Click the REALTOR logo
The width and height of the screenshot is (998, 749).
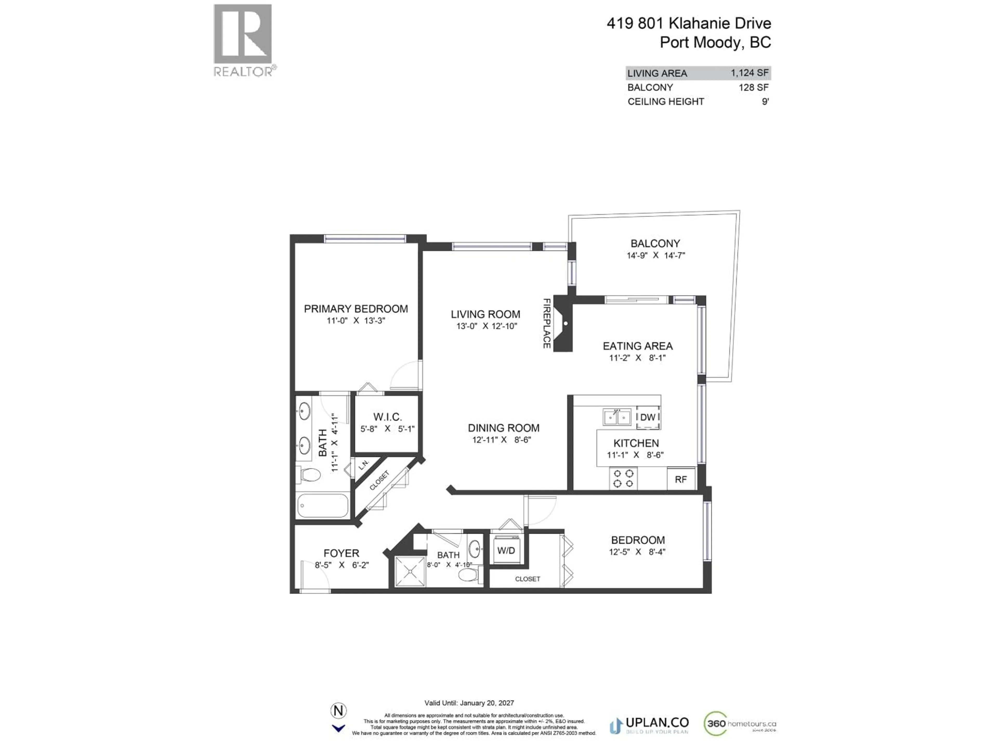pyautogui.click(x=244, y=41)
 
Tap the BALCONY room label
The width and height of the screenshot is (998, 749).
pyautogui.click(x=655, y=243)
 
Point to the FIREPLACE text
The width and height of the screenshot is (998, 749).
pyautogui.click(x=546, y=323)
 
